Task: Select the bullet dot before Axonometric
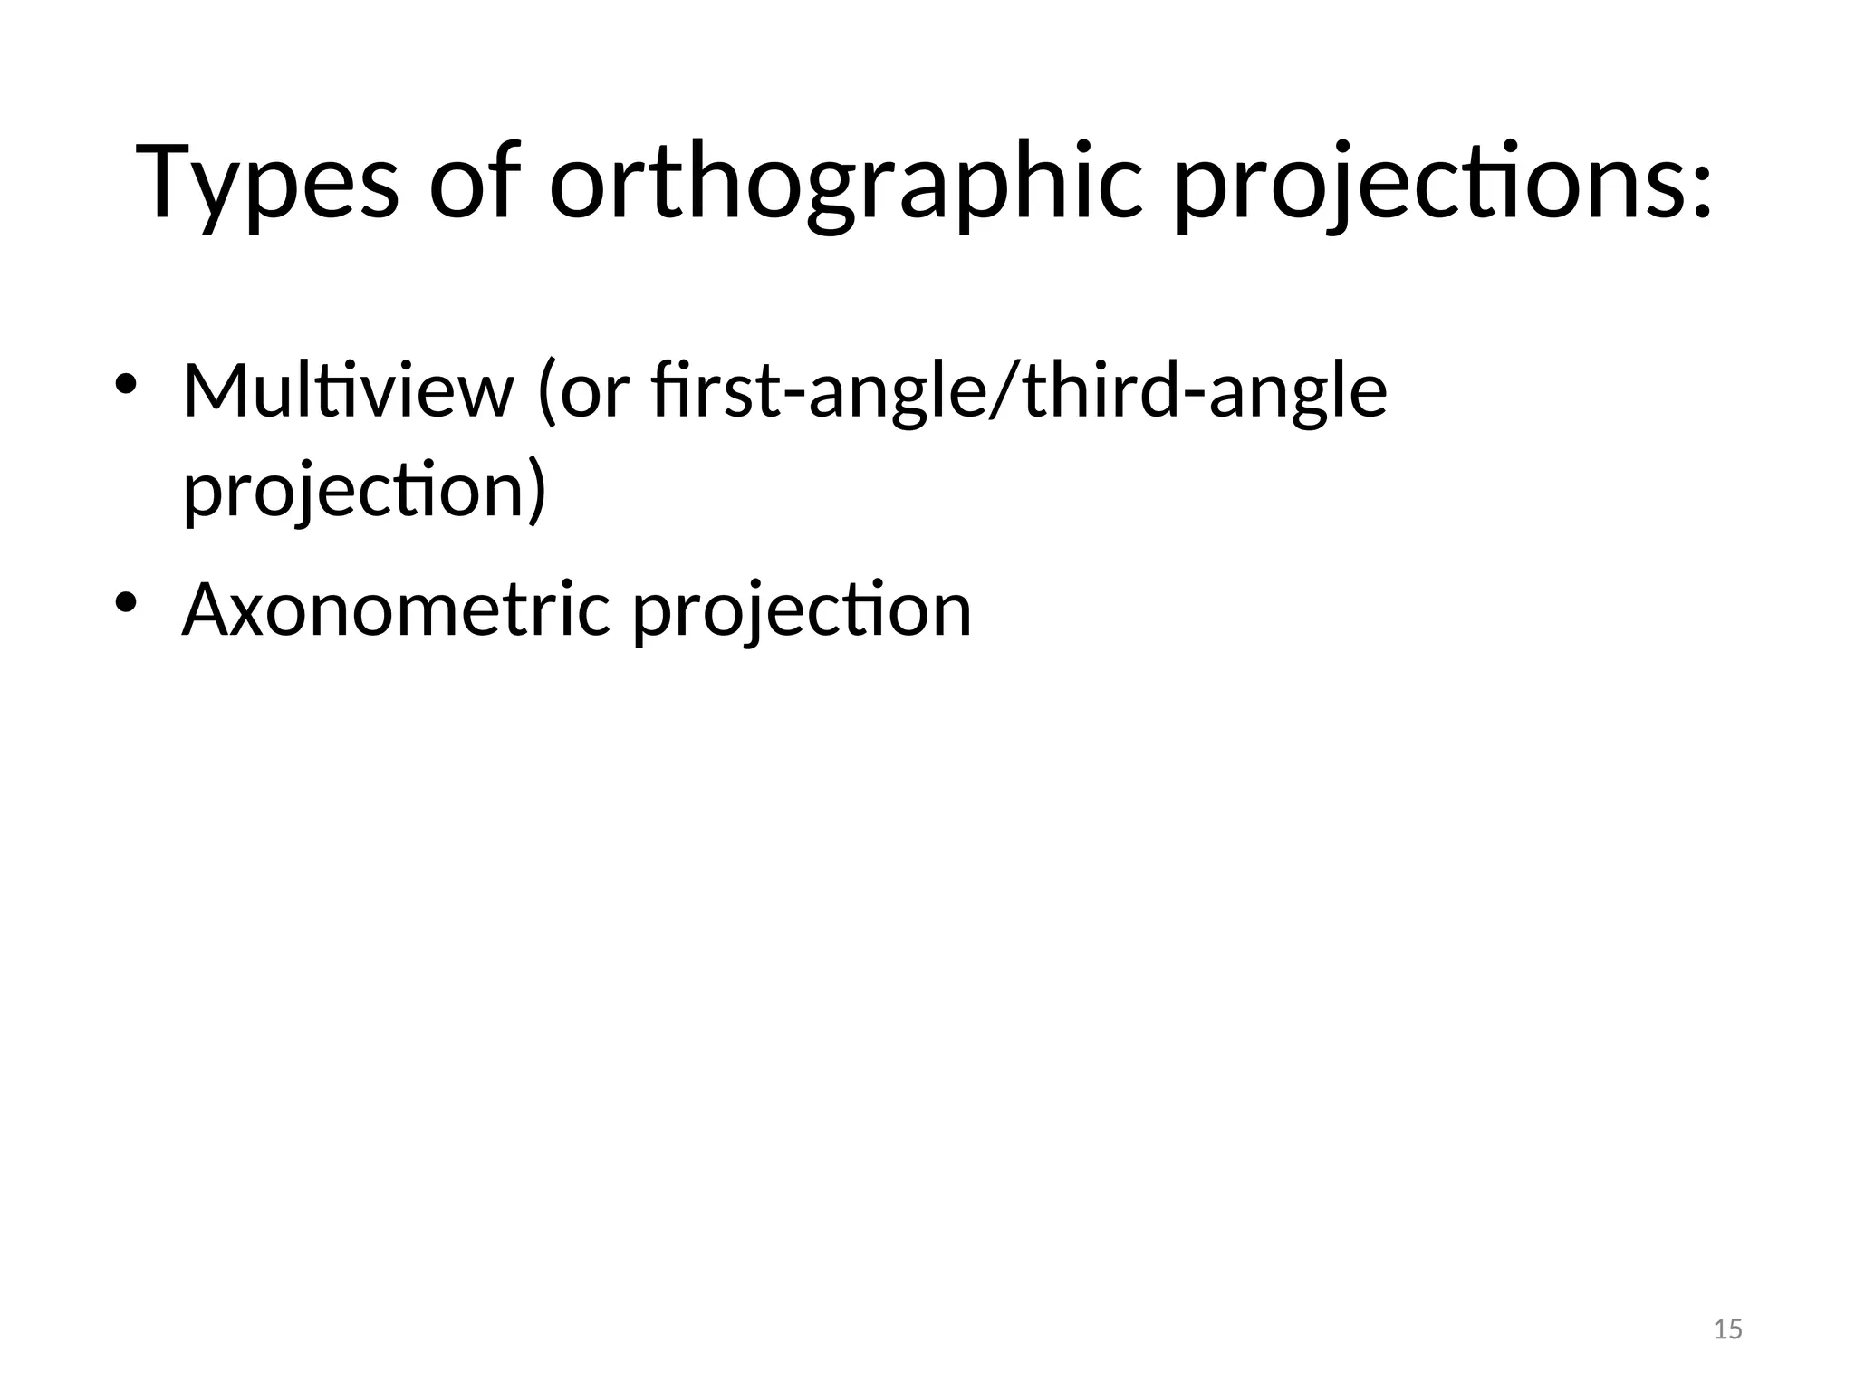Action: [x=125, y=602]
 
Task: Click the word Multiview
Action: [x=348, y=391]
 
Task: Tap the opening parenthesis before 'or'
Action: [x=546, y=393]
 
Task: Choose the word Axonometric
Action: [x=397, y=610]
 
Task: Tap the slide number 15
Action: [x=1728, y=1329]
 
